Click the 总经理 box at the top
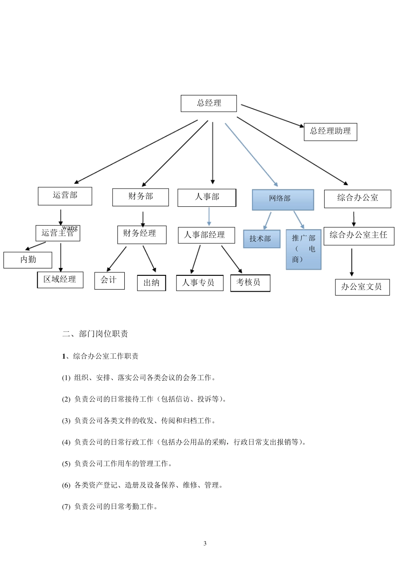tap(208, 103)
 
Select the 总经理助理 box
tap(330, 131)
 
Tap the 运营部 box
tap(65, 195)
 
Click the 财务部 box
tap(140, 197)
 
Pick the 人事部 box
tap(207, 197)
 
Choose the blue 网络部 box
tap(283, 199)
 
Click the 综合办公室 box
tap(357, 199)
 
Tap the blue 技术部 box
tap(262, 239)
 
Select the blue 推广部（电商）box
tap(303, 249)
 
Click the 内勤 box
tap(28, 260)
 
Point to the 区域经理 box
tap(60, 280)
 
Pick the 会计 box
tap(109, 281)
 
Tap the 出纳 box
tap(151, 283)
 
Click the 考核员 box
tap(250, 283)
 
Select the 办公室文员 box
tap(362, 287)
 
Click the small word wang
tap(70, 227)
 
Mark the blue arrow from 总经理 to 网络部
tap(251, 155)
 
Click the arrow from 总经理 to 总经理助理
tap(272, 115)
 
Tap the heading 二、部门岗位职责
tap(95, 334)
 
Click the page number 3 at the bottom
tap(205, 543)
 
